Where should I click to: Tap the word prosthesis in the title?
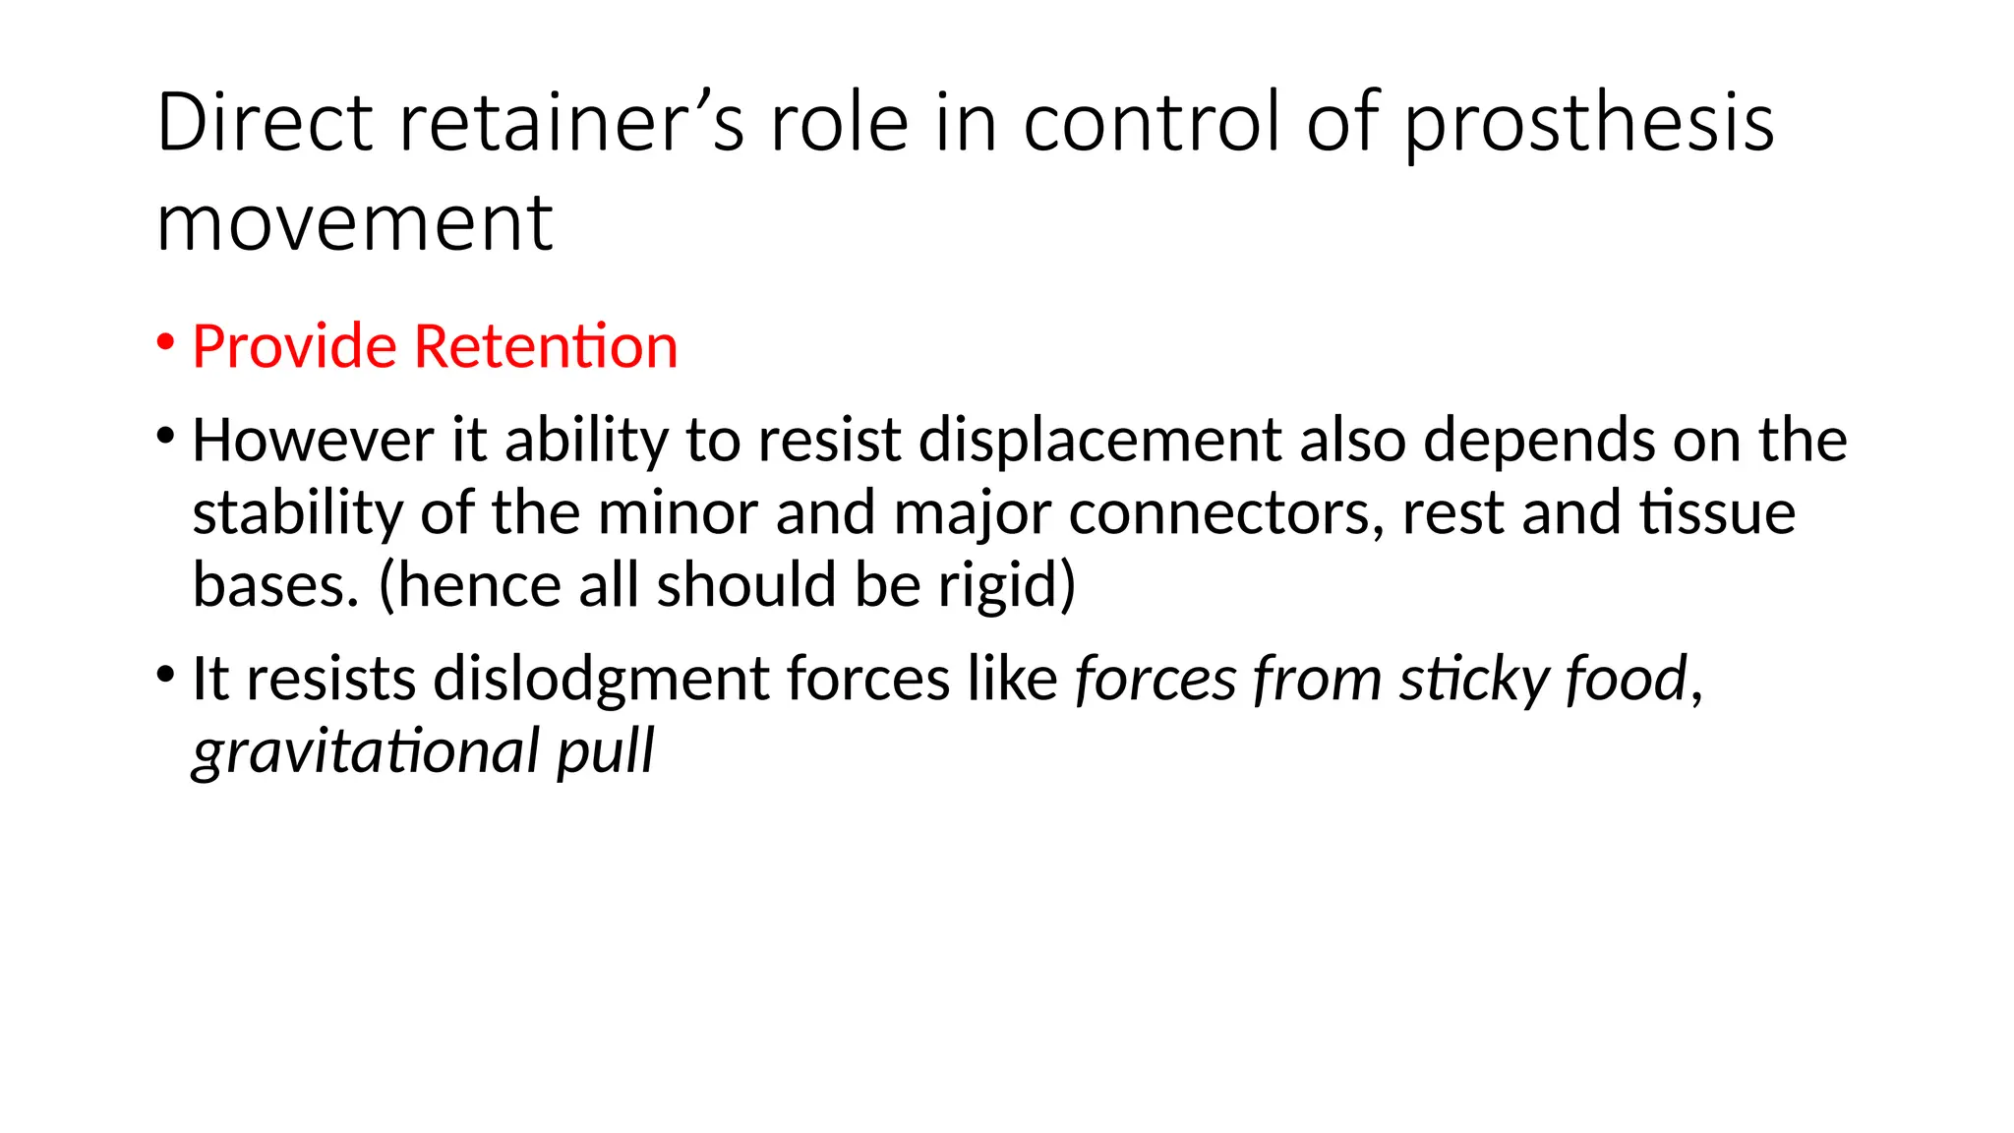click(1588, 124)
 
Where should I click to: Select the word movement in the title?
click(354, 223)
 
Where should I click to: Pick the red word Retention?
click(546, 346)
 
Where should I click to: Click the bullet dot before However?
click(165, 436)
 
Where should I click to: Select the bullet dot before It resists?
click(165, 675)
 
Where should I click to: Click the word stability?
click(298, 513)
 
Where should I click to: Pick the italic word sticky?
click(1460, 679)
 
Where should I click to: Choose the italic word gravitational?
click(366, 751)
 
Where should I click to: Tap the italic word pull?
click(605, 751)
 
